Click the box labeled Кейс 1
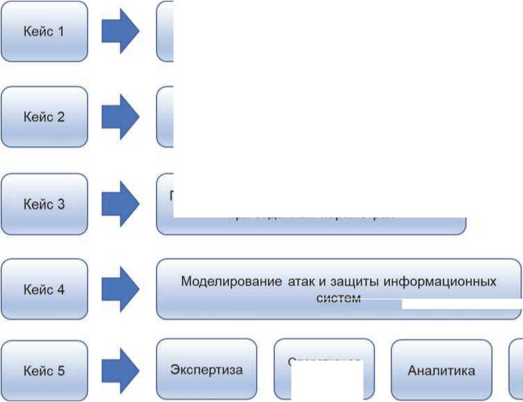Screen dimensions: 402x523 click(x=44, y=31)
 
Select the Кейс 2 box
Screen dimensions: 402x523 click(x=44, y=116)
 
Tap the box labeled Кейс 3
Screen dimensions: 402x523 click(x=44, y=204)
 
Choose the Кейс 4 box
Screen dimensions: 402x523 click(x=44, y=290)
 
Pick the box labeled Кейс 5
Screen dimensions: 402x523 click(x=44, y=370)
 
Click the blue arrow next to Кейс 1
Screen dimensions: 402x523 click(x=121, y=31)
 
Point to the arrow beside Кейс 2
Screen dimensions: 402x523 click(x=121, y=116)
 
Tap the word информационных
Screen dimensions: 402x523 click(x=439, y=282)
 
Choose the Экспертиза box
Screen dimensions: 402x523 click(x=206, y=370)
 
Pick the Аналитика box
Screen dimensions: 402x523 click(x=441, y=370)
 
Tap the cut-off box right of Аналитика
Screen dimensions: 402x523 click(x=516, y=370)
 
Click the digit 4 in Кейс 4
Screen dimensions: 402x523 click(x=61, y=290)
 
